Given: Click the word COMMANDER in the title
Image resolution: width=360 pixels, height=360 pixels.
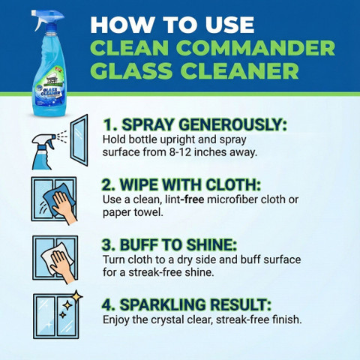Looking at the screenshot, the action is (x=255, y=47).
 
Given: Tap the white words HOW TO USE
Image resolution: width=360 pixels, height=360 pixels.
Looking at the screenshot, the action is (x=172, y=25).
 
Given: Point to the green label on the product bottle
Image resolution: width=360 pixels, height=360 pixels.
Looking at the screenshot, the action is (x=48, y=76).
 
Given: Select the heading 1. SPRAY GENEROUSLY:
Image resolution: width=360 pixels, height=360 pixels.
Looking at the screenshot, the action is (x=195, y=124).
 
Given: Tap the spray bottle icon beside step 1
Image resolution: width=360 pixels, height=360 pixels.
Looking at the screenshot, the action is (x=43, y=151).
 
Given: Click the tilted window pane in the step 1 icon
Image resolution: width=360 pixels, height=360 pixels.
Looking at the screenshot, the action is (x=79, y=140).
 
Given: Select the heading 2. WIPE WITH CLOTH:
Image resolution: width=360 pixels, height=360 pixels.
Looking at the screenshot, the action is (x=181, y=185).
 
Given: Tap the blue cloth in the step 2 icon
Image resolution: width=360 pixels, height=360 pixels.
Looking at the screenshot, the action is (x=58, y=199).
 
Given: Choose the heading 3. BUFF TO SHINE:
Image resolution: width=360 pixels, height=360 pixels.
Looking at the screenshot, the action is (x=169, y=244).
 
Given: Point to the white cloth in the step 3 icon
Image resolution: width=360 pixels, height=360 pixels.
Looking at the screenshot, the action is (x=57, y=257).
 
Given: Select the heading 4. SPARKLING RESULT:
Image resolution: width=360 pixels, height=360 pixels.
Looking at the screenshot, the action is (x=187, y=304).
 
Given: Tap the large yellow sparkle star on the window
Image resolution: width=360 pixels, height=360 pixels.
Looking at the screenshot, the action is (x=77, y=297).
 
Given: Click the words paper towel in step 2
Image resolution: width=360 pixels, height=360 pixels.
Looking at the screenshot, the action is (x=133, y=212).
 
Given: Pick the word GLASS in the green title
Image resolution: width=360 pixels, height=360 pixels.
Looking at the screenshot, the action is (x=133, y=70).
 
